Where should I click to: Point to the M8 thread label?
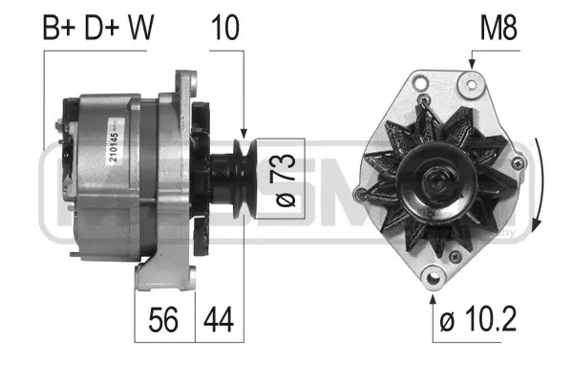(497, 29)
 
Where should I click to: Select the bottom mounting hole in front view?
(433, 279)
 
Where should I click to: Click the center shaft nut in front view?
(437, 179)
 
